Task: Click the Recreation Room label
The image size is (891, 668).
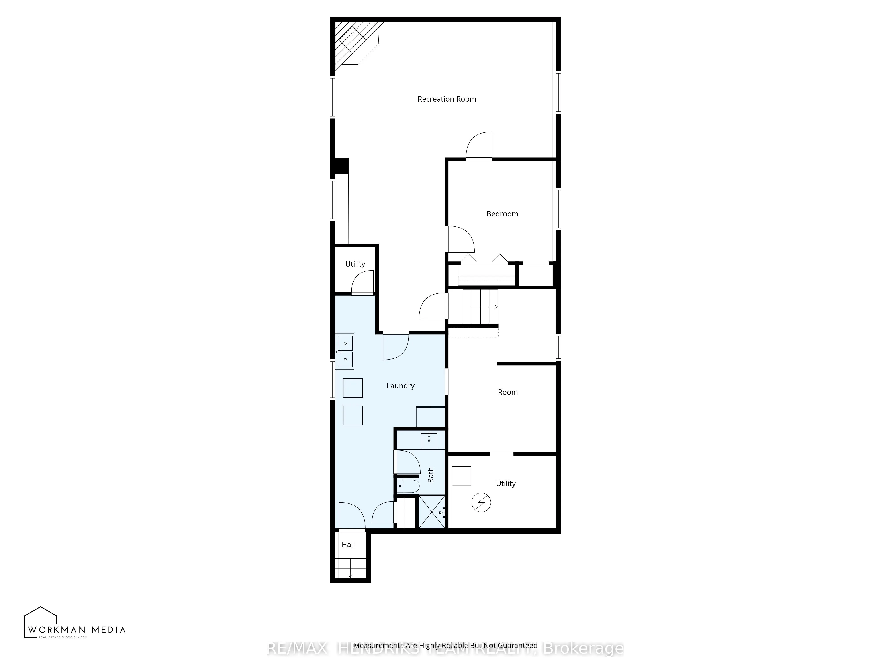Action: coord(447,99)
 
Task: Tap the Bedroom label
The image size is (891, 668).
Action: coord(502,214)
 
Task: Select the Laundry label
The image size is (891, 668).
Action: coord(400,386)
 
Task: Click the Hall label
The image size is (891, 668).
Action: coord(348,544)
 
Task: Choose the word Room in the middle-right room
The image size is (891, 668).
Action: coord(507,392)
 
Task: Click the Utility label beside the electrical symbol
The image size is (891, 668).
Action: coord(505,484)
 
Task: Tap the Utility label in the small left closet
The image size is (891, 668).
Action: coord(355,264)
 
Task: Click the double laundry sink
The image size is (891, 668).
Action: coord(345,351)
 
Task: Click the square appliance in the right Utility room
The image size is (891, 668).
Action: coord(461,476)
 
